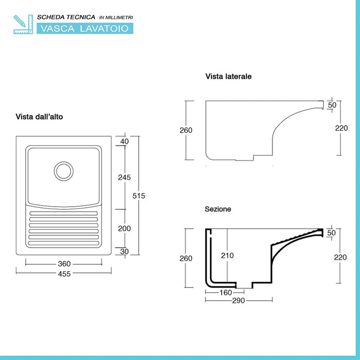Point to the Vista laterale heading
click(x=228, y=77)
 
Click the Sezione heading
click(x=218, y=209)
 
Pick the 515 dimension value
click(x=139, y=195)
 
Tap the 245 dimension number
click(x=124, y=177)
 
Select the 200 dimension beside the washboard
click(x=124, y=228)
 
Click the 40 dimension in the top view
click(x=124, y=142)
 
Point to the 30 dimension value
click(x=124, y=251)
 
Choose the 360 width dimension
click(x=64, y=264)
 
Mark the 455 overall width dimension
click(x=64, y=274)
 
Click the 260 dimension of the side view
click(x=186, y=130)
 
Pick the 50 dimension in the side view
click(x=332, y=105)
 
